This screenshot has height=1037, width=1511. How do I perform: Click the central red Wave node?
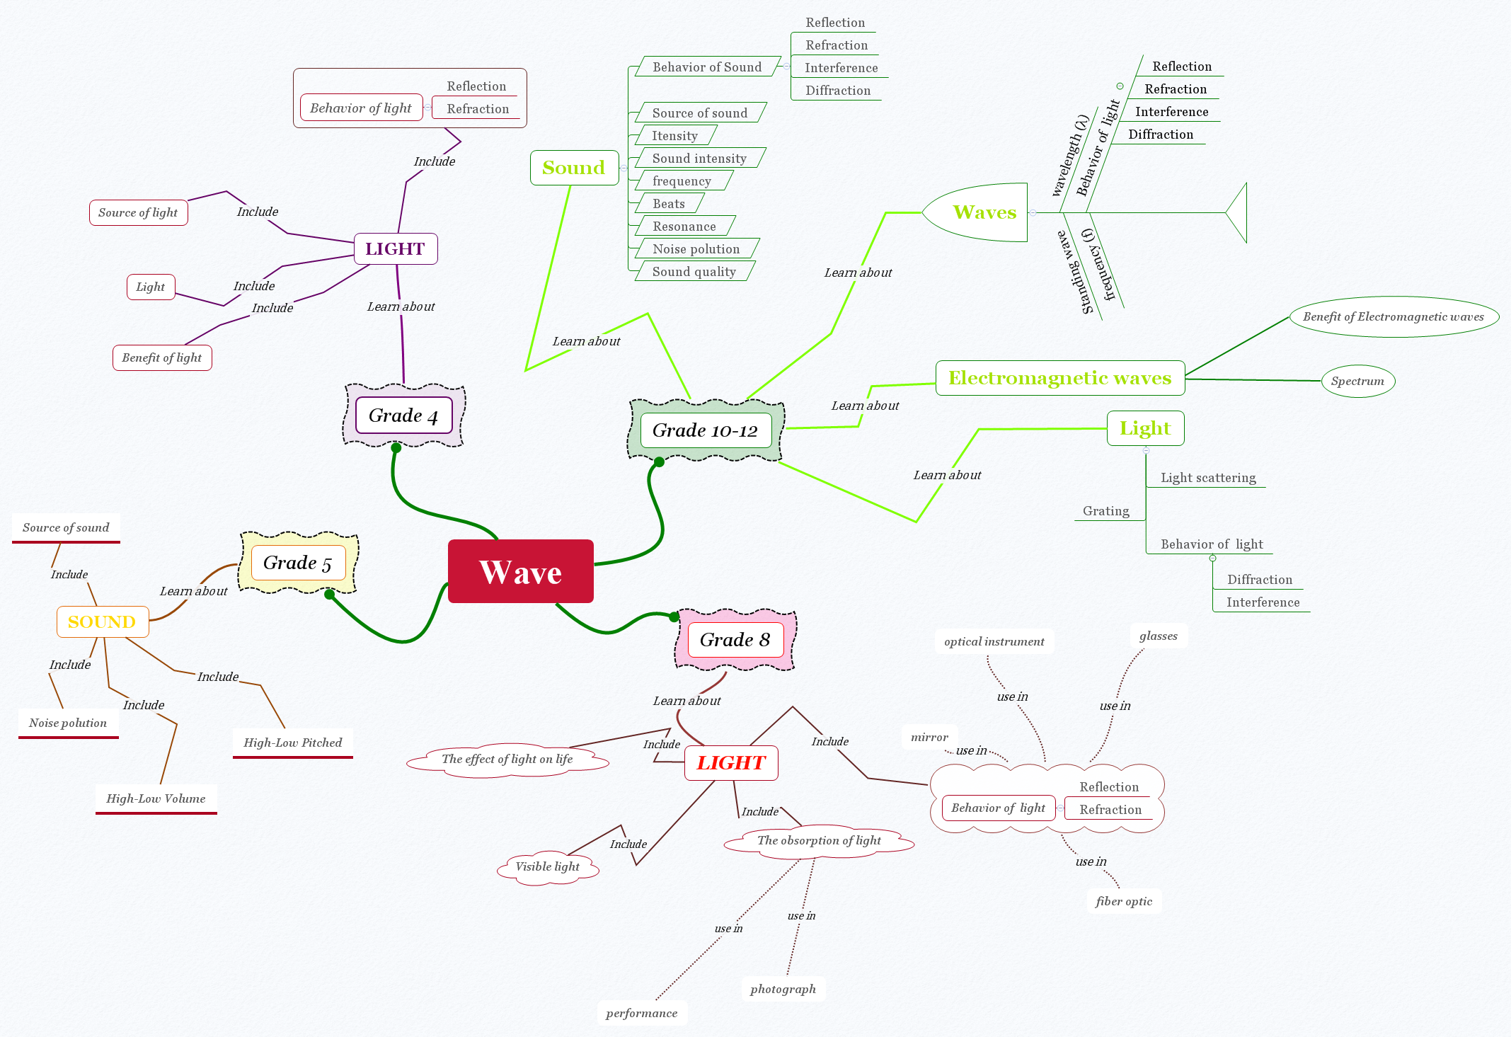pos(520,571)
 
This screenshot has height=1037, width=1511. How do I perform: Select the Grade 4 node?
pos(403,416)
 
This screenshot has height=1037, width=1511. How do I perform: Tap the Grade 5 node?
pos(298,563)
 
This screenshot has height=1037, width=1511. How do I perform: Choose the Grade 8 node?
pos(735,640)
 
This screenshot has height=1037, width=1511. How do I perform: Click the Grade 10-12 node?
pos(705,430)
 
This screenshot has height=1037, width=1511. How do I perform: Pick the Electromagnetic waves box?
pos(1059,378)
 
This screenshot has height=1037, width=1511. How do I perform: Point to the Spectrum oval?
pos(1357,381)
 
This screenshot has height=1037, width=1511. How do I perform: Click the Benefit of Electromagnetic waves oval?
pos(1393,316)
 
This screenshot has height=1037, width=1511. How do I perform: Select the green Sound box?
pos(574,168)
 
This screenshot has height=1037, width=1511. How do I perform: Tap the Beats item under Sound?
pos(668,204)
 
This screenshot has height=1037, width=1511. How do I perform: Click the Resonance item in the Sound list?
pos(684,227)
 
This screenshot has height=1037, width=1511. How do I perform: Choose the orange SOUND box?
pos(102,621)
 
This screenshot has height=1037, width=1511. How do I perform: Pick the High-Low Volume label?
pos(156,798)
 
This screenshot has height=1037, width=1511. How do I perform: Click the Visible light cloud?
pos(547,866)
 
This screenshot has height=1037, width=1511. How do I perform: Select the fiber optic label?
pos(1123,901)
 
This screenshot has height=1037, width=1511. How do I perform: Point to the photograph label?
pos(783,989)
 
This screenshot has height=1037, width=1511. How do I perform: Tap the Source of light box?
pos(138,212)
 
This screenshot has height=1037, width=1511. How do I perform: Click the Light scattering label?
pos(1208,478)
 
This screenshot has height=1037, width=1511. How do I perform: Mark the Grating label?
pos(1105,511)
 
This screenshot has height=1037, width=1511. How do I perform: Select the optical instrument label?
pos(994,641)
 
